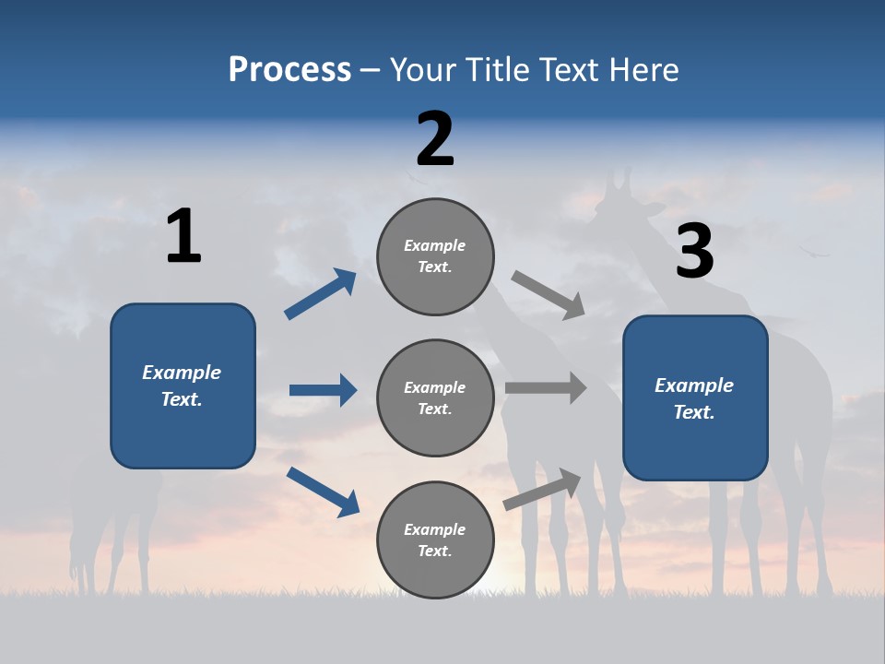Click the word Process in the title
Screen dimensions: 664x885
coord(289,70)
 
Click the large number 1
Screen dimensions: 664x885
coord(183,236)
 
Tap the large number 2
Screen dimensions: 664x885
coord(435,138)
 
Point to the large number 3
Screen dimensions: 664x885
coord(694,252)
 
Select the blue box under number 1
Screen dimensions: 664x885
coord(183,385)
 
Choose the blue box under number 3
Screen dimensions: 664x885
coord(695,397)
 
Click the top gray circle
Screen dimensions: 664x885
coord(435,256)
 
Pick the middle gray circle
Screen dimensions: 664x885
coord(435,397)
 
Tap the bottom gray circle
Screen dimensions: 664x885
coord(435,539)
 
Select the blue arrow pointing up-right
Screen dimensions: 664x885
coord(321,294)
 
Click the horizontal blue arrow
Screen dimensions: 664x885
coord(323,390)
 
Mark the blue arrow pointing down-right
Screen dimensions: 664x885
coord(323,492)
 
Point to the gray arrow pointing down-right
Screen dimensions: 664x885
coord(548,294)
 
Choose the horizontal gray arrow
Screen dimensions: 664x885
coord(546,388)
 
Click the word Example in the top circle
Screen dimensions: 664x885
coord(435,245)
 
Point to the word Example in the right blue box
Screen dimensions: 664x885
coord(694,385)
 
